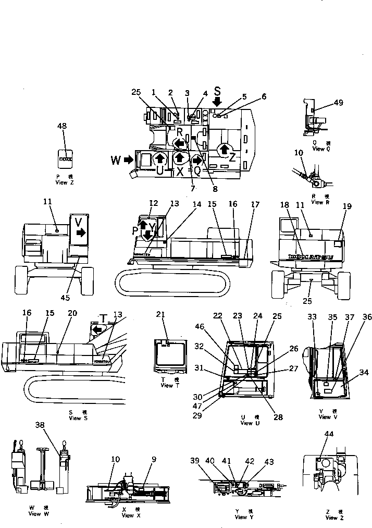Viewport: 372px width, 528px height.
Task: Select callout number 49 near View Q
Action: click(338, 103)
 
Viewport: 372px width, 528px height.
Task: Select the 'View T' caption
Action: click(167, 386)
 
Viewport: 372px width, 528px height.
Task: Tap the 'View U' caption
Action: click(247, 423)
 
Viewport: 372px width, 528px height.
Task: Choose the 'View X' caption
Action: click(128, 515)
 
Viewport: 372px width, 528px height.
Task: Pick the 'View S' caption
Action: click(75, 418)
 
